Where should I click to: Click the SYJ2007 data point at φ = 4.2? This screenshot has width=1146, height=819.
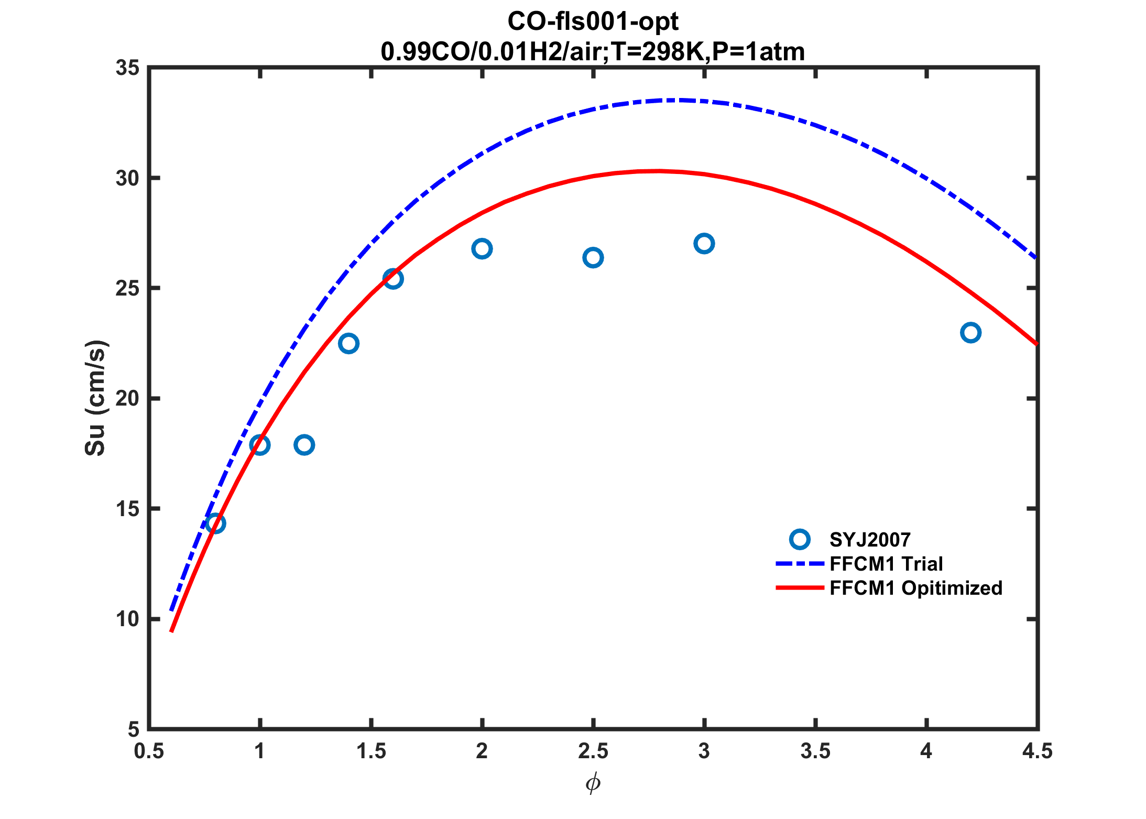[x=970, y=333]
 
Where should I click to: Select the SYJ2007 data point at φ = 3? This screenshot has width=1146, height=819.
[x=704, y=244]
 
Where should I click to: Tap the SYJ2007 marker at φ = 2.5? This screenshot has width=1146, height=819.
[x=593, y=257]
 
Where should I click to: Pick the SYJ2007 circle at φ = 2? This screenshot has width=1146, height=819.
[x=482, y=248]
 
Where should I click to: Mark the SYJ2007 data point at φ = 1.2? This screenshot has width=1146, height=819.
[x=304, y=445]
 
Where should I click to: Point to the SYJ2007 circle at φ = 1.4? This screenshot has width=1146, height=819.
[x=348, y=343]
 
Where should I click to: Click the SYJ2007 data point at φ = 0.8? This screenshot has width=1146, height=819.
[x=215, y=523]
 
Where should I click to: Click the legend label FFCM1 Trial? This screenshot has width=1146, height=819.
[x=886, y=564]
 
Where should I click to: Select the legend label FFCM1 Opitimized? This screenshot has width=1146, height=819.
[x=915, y=588]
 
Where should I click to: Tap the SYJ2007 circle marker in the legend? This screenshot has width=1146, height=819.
[x=800, y=539]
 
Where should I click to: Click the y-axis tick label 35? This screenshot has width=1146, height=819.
[x=127, y=68]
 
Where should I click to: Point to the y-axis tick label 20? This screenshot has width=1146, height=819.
[x=127, y=399]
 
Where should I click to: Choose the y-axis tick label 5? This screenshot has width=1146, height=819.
[x=133, y=729]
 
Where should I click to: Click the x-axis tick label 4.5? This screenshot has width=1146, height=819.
[x=1037, y=751]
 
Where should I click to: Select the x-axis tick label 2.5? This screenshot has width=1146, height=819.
[x=593, y=751]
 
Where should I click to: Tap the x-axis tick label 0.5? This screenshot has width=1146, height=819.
[x=150, y=751]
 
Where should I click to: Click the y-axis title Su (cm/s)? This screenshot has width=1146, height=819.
[x=95, y=398]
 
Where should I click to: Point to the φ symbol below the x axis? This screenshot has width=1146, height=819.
[x=593, y=783]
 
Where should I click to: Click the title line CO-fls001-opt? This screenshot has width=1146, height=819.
[x=593, y=21]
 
